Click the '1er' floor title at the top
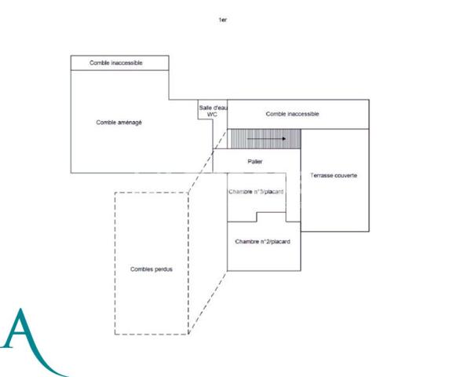click(x=223, y=20)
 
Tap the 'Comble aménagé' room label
click(x=119, y=123)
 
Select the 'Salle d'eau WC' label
click(x=214, y=111)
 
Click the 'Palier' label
click(x=255, y=162)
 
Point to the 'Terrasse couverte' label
click(x=334, y=175)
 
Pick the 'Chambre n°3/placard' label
click(x=256, y=192)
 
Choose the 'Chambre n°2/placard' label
click(x=262, y=242)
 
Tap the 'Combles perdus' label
click(x=152, y=269)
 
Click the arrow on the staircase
click(x=266, y=139)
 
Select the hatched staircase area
click(x=266, y=139)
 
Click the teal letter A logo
click(x=31, y=342)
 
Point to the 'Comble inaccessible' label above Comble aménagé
click(x=116, y=63)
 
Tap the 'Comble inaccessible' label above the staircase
click(x=292, y=114)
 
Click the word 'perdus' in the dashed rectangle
click(x=163, y=269)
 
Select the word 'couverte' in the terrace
click(x=346, y=175)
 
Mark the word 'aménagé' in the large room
click(x=130, y=123)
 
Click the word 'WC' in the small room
click(x=212, y=115)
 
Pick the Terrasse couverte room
click(x=335, y=201)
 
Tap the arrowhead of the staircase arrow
click(x=284, y=139)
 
